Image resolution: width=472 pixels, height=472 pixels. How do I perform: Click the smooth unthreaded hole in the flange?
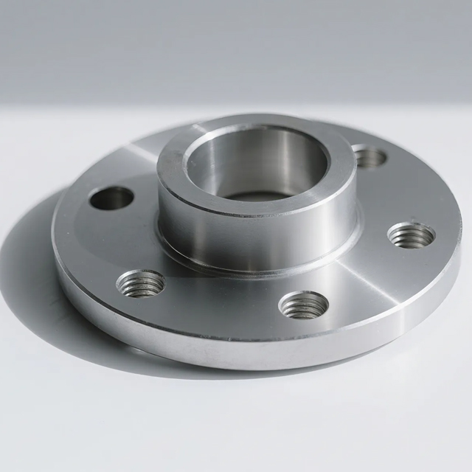pos(111,198)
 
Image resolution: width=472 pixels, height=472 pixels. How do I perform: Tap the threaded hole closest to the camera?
pos(304,303)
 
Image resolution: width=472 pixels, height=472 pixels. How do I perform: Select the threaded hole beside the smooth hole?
pos(140,283)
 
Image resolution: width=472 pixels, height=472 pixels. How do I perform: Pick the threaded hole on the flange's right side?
pos(411,235)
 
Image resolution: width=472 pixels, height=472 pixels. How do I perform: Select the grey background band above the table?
pos(236,44)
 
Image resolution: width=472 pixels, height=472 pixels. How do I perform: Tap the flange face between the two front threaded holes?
pos(221,302)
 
